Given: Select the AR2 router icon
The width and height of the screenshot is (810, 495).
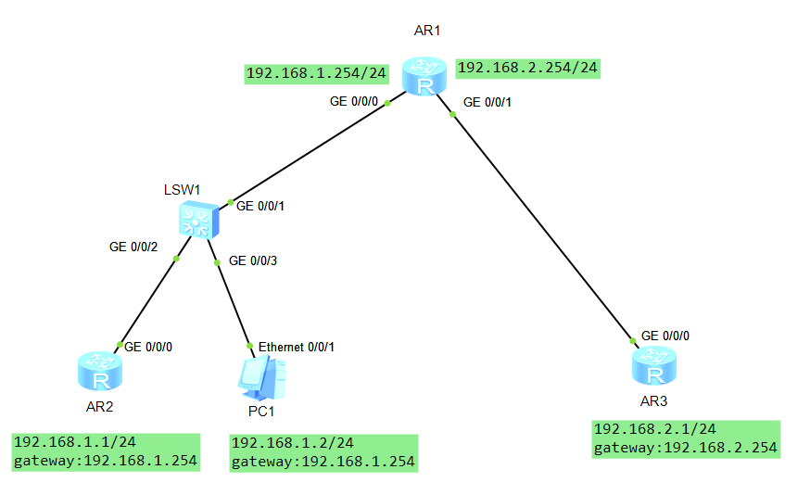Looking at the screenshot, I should click(x=98, y=372).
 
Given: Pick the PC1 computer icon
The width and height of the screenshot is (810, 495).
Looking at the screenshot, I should click(x=260, y=376).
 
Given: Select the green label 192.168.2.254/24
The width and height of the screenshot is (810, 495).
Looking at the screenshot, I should click(x=528, y=68).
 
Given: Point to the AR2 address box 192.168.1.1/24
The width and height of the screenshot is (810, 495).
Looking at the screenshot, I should click(x=106, y=451).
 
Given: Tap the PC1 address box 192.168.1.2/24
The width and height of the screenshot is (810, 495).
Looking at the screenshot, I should click(x=323, y=451).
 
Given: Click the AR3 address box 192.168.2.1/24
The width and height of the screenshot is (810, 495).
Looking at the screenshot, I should click(x=686, y=438).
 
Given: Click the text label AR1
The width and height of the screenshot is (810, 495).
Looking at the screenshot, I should click(x=426, y=31).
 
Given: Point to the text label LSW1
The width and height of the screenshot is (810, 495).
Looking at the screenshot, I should click(x=181, y=189).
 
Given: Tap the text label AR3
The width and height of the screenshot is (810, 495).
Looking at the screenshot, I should click(x=654, y=402).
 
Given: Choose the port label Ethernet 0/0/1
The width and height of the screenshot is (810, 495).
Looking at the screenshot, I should click(x=296, y=347).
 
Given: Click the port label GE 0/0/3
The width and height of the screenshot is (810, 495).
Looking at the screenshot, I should click(x=252, y=260).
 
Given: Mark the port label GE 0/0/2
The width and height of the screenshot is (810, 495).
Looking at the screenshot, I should click(x=133, y=247).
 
